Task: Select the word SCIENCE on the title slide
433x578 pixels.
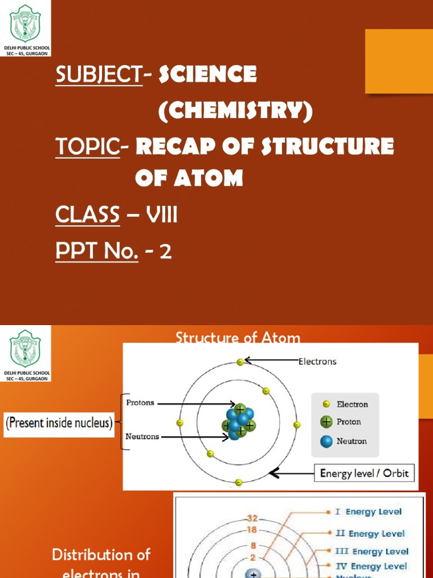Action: [208, 74]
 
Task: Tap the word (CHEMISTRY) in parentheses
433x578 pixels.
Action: [235, 111]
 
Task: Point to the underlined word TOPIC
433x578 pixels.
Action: [87, 147]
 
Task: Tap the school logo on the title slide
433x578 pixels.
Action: [26, 22]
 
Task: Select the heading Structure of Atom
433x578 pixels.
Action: [237, 338]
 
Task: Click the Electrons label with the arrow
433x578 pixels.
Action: [317, 361]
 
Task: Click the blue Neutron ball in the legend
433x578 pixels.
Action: [325, 441]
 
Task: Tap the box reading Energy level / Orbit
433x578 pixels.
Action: [364, 473]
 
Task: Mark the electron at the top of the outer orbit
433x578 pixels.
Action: [240, 361]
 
